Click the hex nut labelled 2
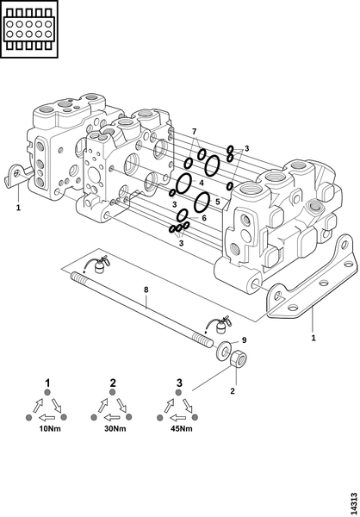click(239, 359)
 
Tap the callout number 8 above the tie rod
click(146, 290)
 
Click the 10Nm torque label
click(50, 428)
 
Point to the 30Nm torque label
click(115, 428)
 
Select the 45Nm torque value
click(182, 428)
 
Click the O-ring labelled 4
click(183, 184)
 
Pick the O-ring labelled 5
click(202, 202)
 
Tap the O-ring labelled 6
click(183, 215)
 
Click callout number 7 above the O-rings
click(194, 132)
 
